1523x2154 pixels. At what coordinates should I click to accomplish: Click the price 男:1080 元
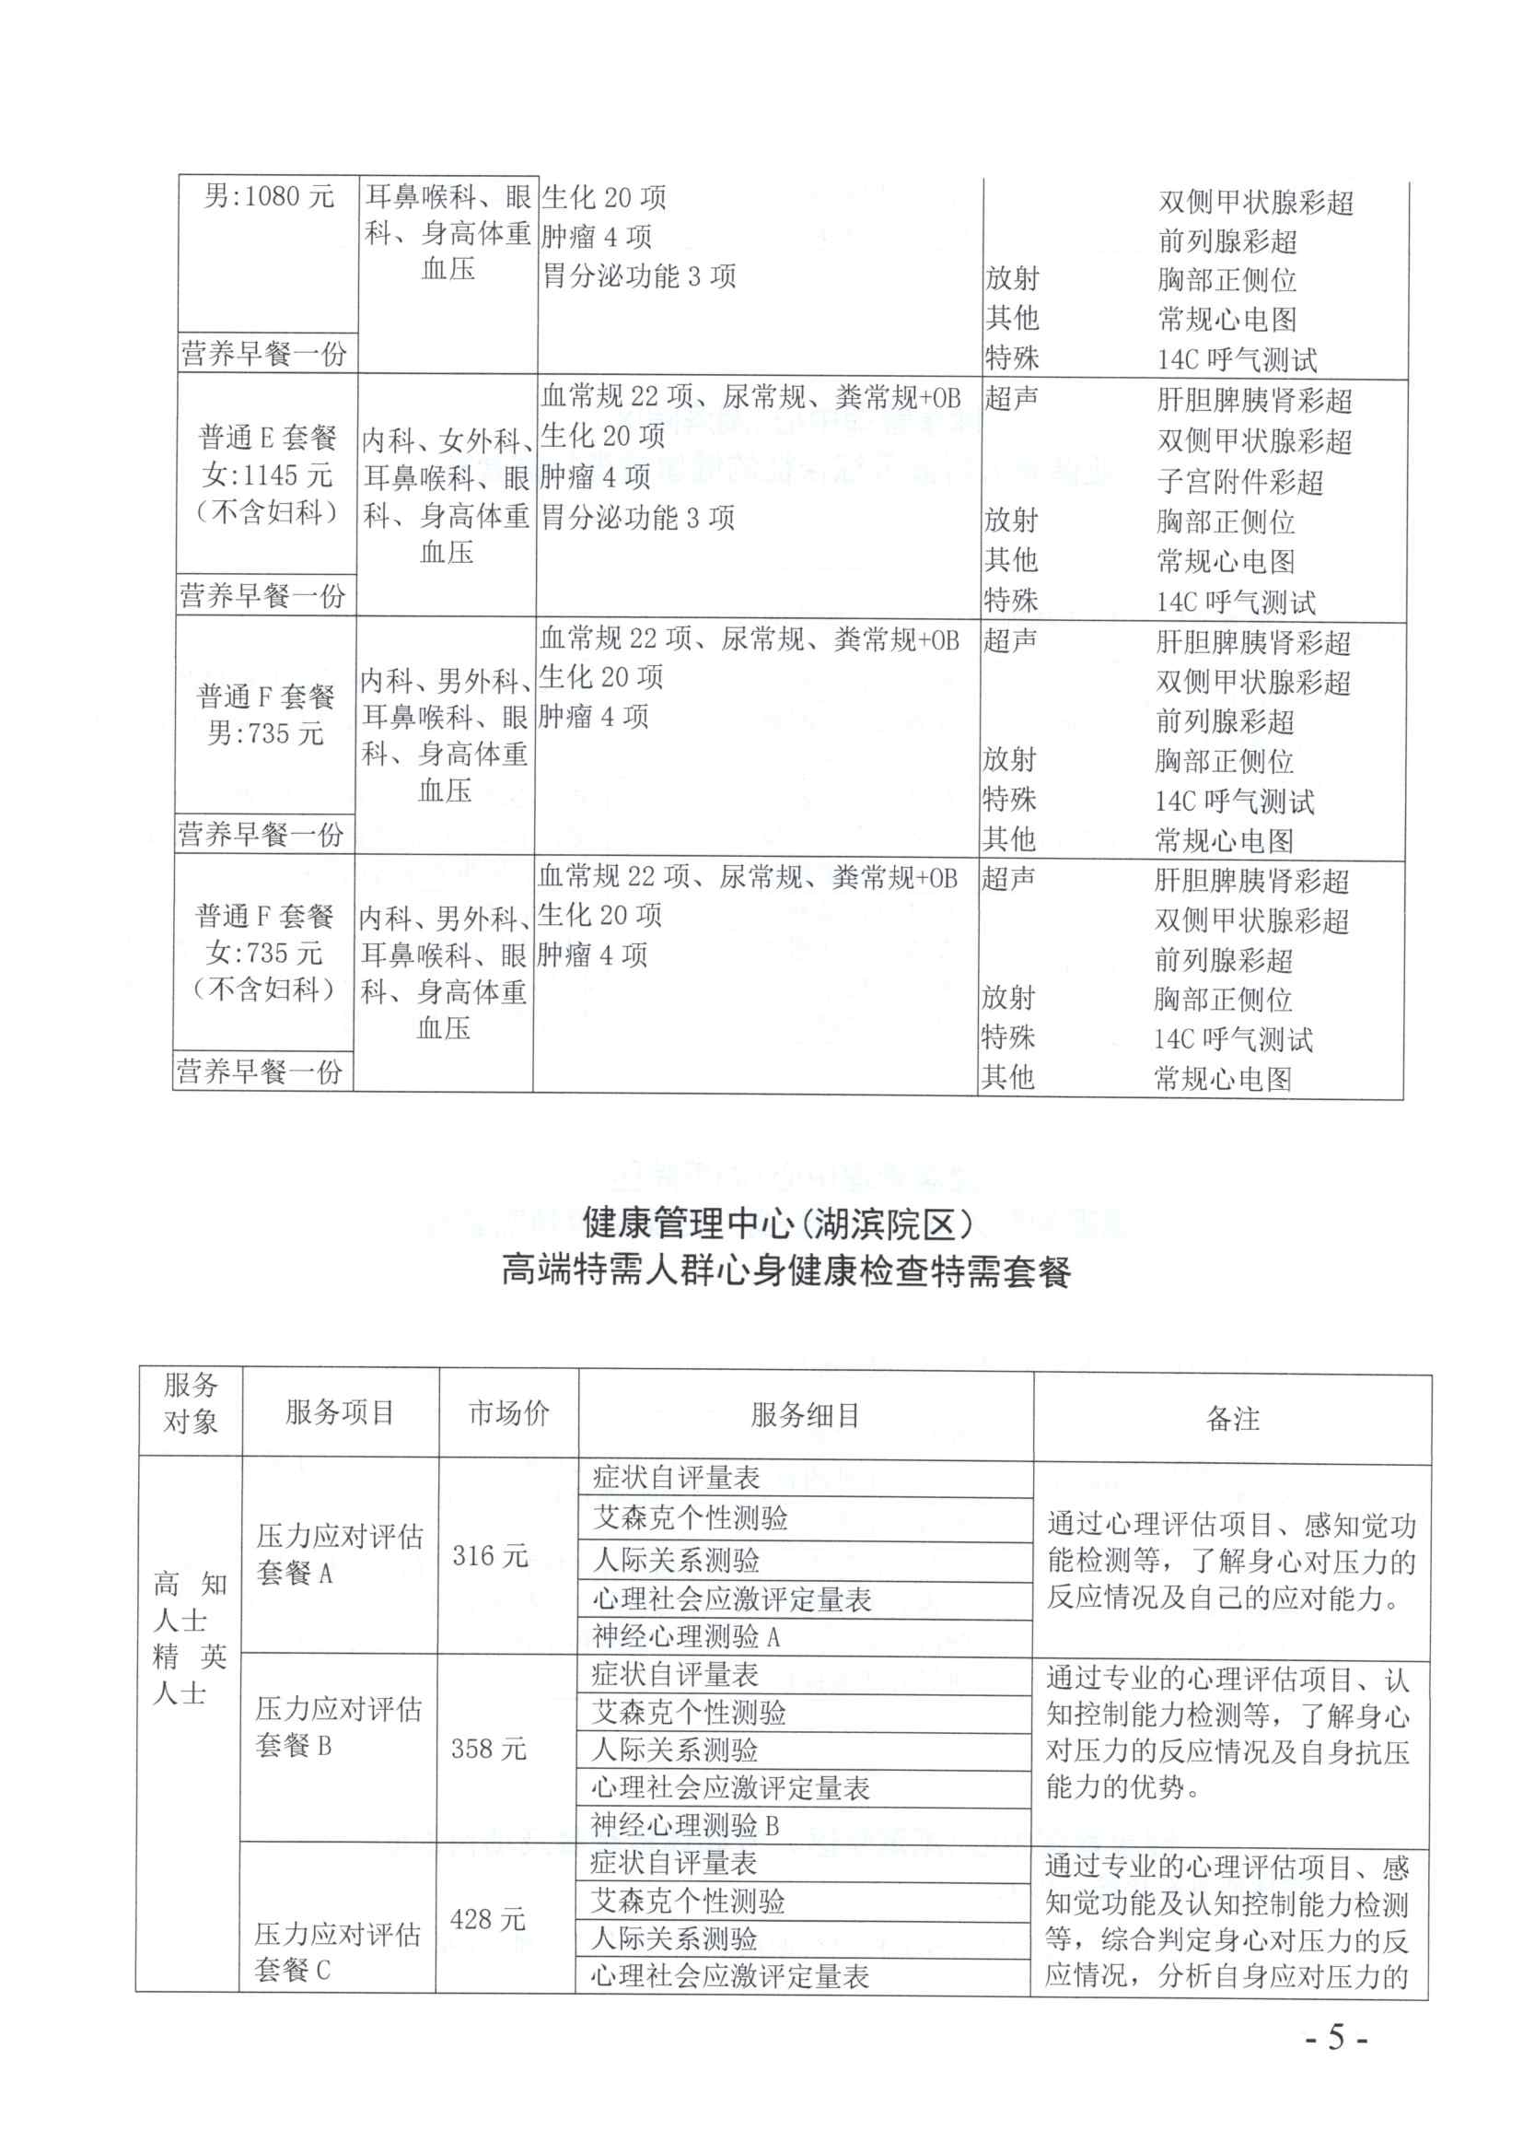pos(269,196)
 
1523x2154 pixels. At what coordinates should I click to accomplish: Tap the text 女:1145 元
pos(267,474)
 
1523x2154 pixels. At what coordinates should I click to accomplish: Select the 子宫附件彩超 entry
pos(1239,481)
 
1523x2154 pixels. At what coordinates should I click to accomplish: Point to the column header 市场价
pos(509,1413)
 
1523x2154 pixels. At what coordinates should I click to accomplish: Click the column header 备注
pos(1232,1418)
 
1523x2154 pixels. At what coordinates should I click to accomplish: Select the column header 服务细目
pos(806,1415)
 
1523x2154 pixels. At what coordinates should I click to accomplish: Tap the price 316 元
pos(490,1555)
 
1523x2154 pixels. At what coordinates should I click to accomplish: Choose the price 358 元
pos(489,1748)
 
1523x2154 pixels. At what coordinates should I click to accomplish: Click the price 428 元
pos(488,1918)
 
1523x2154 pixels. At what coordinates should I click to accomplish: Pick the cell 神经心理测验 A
pos(687,1636)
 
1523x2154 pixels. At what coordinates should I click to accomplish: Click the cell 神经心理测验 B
pos(684,1825)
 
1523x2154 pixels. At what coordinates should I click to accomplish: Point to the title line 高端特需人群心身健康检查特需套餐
pos(785,1272)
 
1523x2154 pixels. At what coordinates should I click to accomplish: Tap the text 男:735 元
pos(265,732)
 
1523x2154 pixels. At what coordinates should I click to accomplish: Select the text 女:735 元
pos(264,954)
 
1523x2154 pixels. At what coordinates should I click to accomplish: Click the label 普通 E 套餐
pos(267,438)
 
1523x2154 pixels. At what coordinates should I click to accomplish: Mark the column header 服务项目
pos(340,1412)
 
